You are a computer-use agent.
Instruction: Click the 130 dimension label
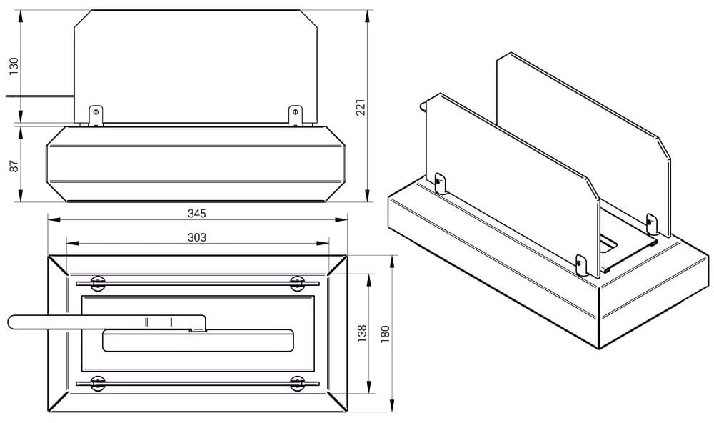(x=14, y=66)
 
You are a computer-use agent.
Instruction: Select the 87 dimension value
(x=14, y=166)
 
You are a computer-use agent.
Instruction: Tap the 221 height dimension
(x=361, y=107)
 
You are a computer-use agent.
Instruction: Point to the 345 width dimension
(x=197, y=214)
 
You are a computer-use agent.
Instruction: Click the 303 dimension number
(x=197, y=237)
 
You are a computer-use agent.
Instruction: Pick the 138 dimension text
(x=362, y=334)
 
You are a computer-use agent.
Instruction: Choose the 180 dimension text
(x=386, y=334)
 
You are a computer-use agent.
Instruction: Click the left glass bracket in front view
(x=96, y=115)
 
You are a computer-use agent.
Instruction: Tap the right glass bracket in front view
(x=296, y=115)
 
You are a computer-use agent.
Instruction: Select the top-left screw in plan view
(x=97, y=284)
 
